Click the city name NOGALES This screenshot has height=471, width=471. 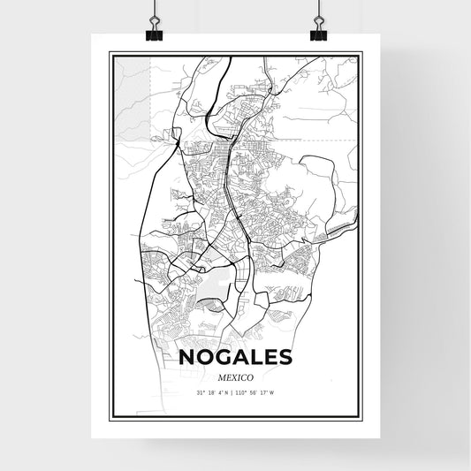point(235,358)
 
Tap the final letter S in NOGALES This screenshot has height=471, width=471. point(283,358)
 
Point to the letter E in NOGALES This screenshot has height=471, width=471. point(268,358)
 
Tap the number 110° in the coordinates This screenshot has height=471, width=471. point(246,393)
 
